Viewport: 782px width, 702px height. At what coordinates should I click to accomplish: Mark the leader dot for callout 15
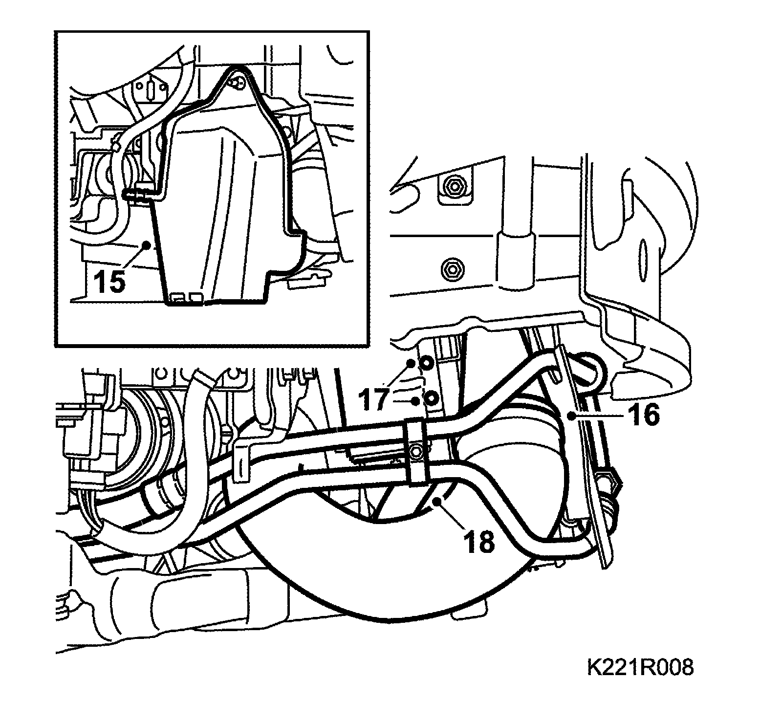(x=145, y=244)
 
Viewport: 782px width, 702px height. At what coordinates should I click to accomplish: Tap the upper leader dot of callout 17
(x=411, y=363)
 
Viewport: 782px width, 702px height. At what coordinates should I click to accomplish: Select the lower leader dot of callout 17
(x=415, y=401)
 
